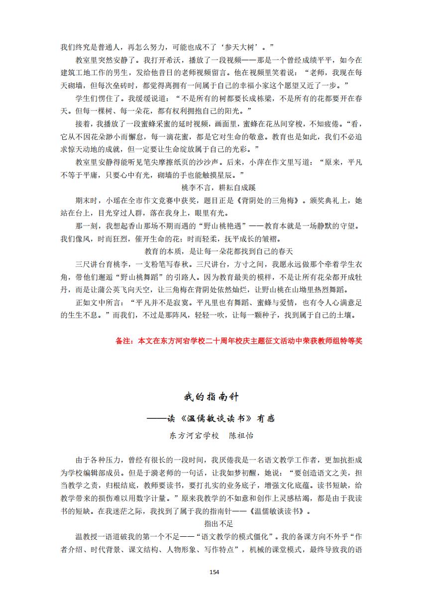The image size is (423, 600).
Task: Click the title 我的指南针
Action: coord(211,397)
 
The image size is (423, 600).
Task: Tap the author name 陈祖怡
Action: coord(241,436)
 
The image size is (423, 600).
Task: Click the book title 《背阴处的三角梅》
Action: coord(269,201)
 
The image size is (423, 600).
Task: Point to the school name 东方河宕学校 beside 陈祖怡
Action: coord(194,436)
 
